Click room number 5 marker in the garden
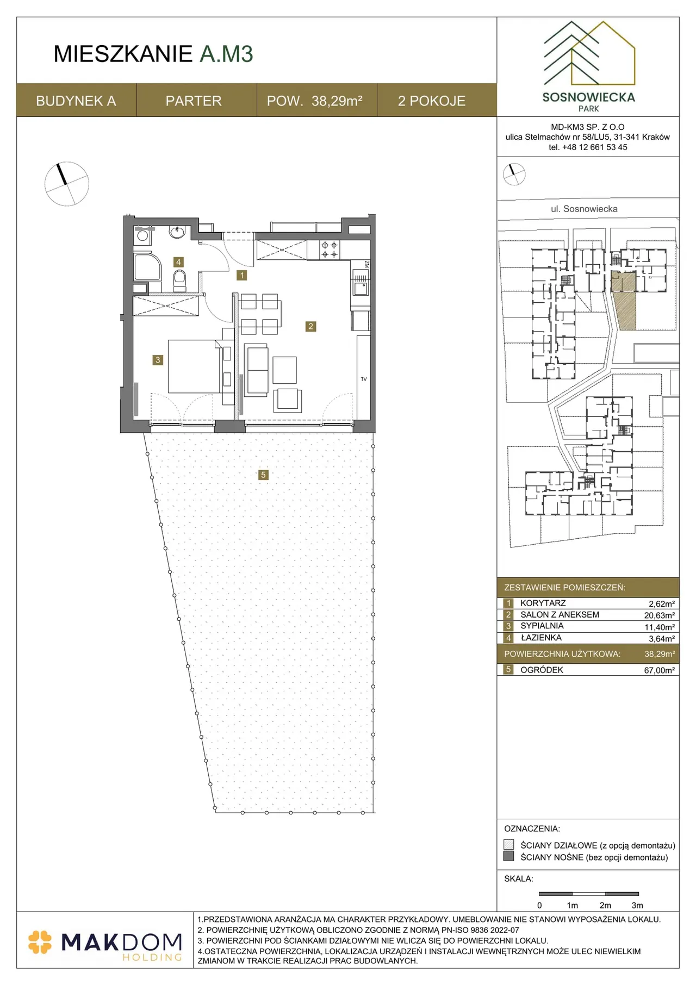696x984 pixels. [x=263, y=475]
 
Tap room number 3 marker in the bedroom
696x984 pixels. [x=158, y=360]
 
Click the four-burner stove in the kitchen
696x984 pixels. [x=330, y=250]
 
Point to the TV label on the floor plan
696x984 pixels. [x=364, y=379]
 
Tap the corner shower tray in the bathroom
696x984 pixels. [x=147, y=267]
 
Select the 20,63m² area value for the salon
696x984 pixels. [x=659, y=615]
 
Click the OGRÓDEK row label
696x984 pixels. [x=542, y=670]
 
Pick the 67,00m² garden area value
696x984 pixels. [x=659, y=670]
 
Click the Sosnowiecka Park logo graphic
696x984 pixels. [x=589, y=53]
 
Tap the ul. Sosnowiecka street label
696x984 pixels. [x=584, y=209]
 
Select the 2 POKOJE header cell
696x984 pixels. [x=432, y=101]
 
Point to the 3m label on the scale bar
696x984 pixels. [x=637, y=905]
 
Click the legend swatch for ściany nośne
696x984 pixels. [x=509, y=856]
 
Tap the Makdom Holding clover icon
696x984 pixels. [x=40, y=942]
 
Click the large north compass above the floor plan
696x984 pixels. [x=66, y=184]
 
